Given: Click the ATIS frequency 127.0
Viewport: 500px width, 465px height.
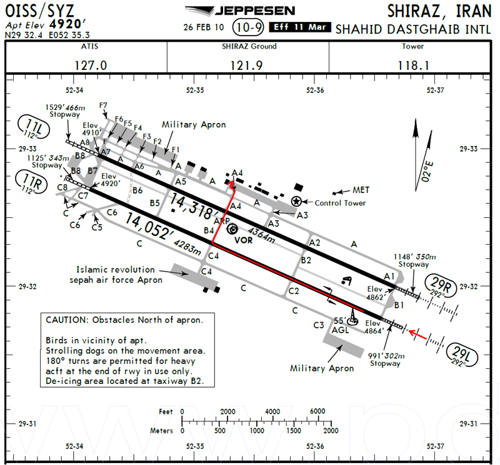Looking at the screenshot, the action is pos(91,66).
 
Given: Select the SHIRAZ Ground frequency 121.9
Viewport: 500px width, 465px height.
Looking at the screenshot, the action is pos(246,66).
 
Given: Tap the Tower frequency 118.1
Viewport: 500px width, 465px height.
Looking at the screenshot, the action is pos(413,66).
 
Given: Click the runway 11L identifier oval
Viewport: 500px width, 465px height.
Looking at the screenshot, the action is pos(34,128).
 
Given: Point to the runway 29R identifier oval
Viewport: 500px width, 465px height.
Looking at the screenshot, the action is pos(441,285).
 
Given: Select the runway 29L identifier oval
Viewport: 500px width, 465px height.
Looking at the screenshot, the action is pos(462,355).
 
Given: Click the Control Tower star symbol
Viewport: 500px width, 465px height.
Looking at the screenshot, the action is pos(296,201).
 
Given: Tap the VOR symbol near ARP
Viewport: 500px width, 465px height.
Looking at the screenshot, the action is pos(232,228).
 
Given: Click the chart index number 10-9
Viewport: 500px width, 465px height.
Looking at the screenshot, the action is pos(249,27).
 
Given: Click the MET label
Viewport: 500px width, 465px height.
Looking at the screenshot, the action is pos(361,190).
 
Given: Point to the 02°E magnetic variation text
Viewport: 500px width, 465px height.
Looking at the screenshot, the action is pos(427,172).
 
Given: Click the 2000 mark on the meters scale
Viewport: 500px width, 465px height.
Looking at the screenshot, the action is pos(331,431).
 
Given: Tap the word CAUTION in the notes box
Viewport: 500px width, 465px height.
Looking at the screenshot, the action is pos(66,320).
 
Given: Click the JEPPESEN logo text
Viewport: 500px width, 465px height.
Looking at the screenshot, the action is pos(255,11).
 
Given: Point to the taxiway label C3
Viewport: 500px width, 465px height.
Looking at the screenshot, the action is pos(319,325).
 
